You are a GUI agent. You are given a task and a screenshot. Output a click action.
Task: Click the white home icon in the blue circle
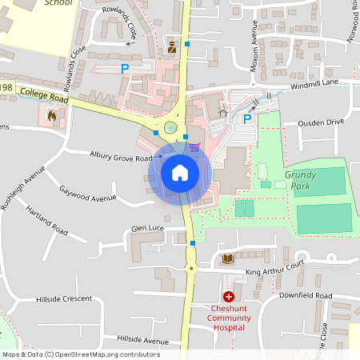[179, 172]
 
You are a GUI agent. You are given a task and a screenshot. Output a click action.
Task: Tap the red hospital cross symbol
[229, 297]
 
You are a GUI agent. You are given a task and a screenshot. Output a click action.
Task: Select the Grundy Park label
[301, 179]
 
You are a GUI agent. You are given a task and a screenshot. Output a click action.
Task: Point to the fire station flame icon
[53, 116]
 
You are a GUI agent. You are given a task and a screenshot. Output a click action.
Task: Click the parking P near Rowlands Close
[125, 70]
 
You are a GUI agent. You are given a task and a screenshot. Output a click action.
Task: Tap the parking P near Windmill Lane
[248, 119]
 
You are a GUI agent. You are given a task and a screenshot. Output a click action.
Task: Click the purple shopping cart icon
[195, 146]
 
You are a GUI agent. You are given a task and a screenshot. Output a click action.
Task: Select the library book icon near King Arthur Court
[228, 258]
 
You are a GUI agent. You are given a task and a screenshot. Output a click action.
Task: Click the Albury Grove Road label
[121, 158]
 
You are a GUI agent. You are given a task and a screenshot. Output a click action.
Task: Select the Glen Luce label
[147, 229]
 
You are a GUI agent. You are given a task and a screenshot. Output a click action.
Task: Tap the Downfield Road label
[306, 296]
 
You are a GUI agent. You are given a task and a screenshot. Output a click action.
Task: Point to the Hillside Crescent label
[64, 299]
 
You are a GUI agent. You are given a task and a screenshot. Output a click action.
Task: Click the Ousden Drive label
[320, 122]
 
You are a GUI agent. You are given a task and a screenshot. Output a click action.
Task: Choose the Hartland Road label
[46, 217]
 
